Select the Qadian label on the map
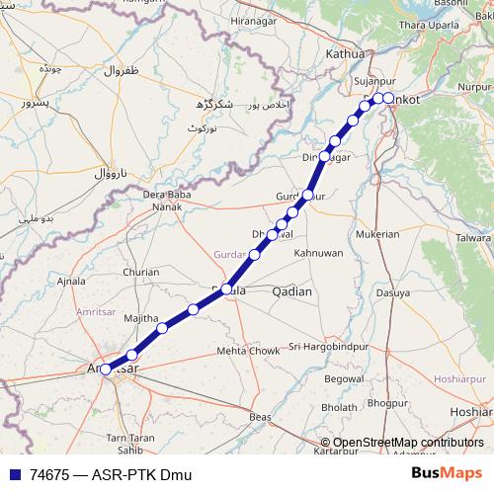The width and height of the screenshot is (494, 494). pos(291,291)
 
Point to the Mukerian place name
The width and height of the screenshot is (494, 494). pos(377,234)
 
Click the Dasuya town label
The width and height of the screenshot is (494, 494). pos(392,292)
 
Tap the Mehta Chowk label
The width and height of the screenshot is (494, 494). pos(248,351)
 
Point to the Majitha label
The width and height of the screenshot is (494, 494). pos(141,317)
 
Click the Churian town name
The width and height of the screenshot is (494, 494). pos(139,272)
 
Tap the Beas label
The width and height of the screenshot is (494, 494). pos(261,418)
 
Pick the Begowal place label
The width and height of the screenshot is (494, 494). pos(345,378)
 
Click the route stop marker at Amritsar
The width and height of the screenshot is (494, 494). pos(106,370)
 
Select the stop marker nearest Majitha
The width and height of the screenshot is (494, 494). pos(162,328)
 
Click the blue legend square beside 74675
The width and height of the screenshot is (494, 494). pos(13,474)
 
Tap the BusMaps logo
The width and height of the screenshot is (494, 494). pos(446,474)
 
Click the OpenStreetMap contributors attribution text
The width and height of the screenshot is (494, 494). pos(408,443)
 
